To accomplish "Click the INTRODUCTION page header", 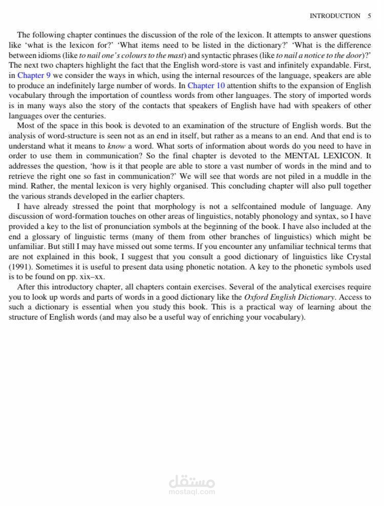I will (335, 16).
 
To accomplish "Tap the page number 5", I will (369, 16).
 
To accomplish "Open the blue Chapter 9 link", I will (34, 75).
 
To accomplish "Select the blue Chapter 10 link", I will (206, 86).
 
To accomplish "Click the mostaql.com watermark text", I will (191, 492).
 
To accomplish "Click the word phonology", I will (274, 217).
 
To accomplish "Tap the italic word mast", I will (175, 55).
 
